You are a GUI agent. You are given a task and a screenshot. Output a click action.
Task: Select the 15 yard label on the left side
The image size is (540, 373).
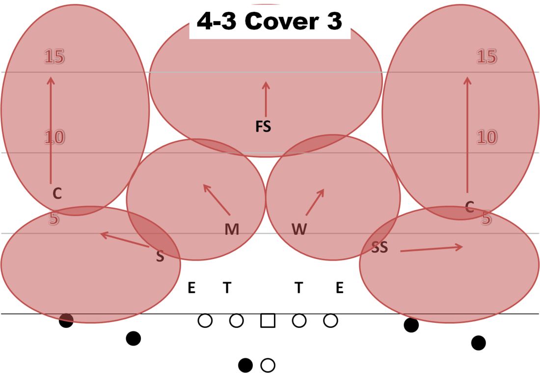(54, 57)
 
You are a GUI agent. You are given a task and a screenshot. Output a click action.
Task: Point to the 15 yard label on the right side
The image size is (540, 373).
(486, 57)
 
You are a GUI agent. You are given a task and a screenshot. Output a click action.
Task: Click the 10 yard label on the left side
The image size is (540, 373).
(54, 137)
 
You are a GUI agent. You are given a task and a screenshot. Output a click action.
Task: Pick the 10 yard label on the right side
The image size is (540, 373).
(486, 137)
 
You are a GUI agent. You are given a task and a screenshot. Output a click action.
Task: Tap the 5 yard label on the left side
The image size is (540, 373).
(54, 218)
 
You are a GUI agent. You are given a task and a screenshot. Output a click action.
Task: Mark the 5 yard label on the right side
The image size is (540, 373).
(486, 218)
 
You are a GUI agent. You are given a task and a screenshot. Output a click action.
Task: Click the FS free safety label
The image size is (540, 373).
(263, 127)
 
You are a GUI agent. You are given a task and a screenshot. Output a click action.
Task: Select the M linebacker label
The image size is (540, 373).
(232, 229)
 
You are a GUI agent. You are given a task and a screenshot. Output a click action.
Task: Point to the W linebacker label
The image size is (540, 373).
(299, 229)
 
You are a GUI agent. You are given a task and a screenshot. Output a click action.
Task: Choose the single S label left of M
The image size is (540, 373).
(160, 256)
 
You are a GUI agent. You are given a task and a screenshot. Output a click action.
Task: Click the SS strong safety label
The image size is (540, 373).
(379, 247)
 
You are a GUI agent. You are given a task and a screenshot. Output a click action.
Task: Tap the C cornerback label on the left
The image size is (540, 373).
(57, 194)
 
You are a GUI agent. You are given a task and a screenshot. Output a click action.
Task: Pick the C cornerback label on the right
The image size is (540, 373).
(470, 207)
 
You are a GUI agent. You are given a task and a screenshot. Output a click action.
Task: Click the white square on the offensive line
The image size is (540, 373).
(268, 320)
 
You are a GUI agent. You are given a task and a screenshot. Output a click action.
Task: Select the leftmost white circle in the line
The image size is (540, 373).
(205, 320)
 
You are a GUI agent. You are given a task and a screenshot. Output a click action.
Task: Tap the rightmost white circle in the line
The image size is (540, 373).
(330, 320)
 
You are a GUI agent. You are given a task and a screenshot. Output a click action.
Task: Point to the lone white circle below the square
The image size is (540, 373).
(268, 365)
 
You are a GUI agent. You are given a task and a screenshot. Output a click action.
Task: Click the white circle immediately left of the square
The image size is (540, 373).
(236, 320)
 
